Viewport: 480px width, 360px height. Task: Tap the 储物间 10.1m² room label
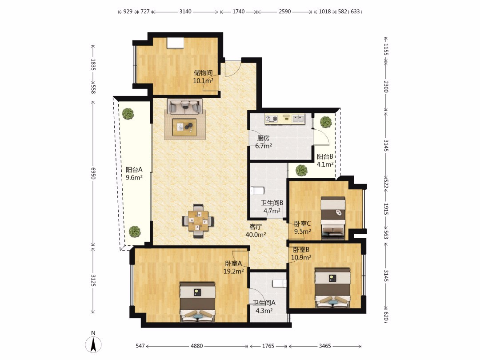[203, 77]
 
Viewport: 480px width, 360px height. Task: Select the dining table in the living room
[198, 221]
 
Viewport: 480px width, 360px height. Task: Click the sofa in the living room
[185, 106]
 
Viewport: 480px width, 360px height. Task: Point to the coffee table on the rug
[184, 127]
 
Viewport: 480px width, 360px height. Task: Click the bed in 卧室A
[198, 302]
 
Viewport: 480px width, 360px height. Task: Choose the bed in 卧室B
[333, 288]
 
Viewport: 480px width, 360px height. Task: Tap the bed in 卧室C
[333, 218]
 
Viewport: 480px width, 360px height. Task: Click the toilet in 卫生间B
[257, 191]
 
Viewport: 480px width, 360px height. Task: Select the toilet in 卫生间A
[279, 284]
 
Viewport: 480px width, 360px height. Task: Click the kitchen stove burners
[271, 118]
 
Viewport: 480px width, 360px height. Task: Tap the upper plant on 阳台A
[128, 114]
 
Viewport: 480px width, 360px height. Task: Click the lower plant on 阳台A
[134, 232]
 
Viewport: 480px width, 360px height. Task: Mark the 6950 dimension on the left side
[93, 173]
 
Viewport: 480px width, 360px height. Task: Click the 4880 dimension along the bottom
[197, 346]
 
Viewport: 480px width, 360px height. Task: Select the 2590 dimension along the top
[285, 12]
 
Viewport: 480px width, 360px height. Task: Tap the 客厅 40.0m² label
[256, 231]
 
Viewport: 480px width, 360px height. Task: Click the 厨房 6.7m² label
[264, 142]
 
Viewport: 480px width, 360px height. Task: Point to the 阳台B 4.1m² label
[325, 160]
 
